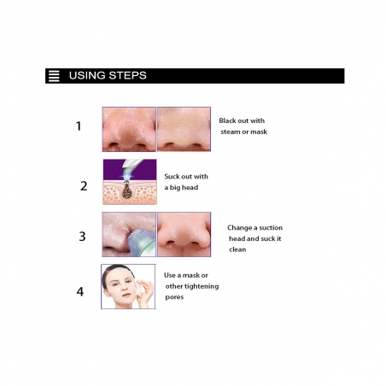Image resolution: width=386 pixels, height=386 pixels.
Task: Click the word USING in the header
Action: pos(87,75)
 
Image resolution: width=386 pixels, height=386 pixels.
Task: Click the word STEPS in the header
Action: pos(127,75)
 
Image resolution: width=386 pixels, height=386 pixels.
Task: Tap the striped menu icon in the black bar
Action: pos(54,76)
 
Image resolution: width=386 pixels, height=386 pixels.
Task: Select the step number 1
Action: pos(79,126)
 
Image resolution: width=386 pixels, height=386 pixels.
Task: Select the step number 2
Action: pos(84,186)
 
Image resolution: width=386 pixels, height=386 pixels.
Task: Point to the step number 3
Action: pos(82,237)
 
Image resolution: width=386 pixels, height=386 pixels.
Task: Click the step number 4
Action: pos(80,291)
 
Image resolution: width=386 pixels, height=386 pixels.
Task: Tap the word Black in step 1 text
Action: pos(228,120)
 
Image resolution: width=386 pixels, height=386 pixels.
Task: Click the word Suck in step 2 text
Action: pos(172,177)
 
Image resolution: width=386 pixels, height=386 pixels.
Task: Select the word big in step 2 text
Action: pos(175,188)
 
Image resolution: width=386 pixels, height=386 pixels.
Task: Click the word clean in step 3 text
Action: pos(237,249)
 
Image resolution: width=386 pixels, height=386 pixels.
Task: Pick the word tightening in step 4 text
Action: pos(201,286)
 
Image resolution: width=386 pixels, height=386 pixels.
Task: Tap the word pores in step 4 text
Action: pos(174,297)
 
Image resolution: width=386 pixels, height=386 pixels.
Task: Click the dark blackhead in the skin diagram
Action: pos(126,190)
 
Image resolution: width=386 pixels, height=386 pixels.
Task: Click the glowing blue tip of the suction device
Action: pos(126,176)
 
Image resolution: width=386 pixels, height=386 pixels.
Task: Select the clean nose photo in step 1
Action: pos(184,129)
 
